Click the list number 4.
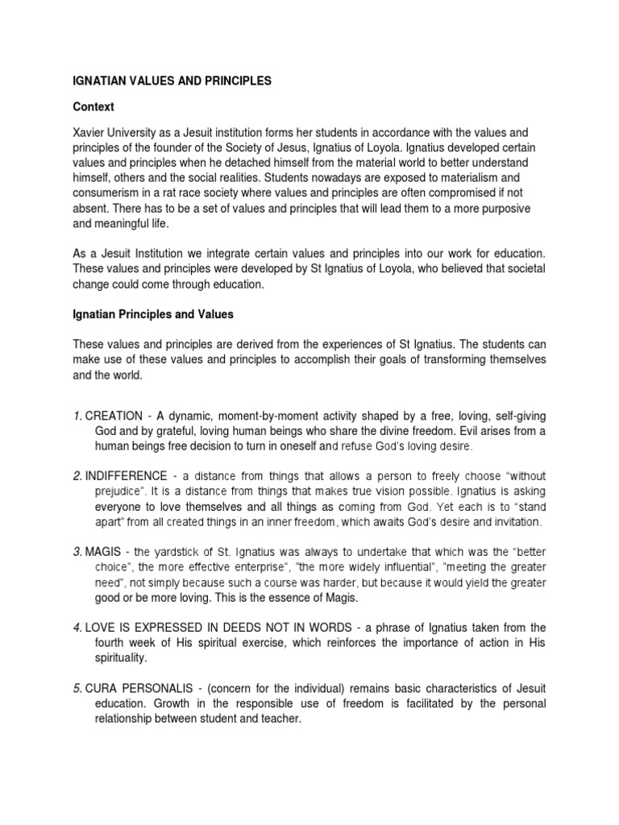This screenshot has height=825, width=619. pyautogui.click(x=76, y=628)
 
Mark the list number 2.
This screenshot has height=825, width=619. pyautogui.click(x=76, y=476)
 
